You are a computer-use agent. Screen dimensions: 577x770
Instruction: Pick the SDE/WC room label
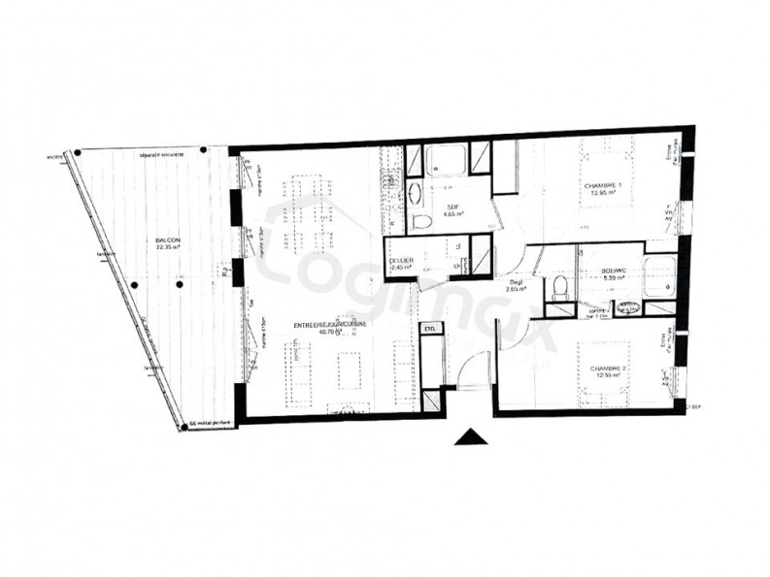tap(613, 273)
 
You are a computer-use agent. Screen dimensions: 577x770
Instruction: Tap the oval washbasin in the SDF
tap(415, 191)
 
